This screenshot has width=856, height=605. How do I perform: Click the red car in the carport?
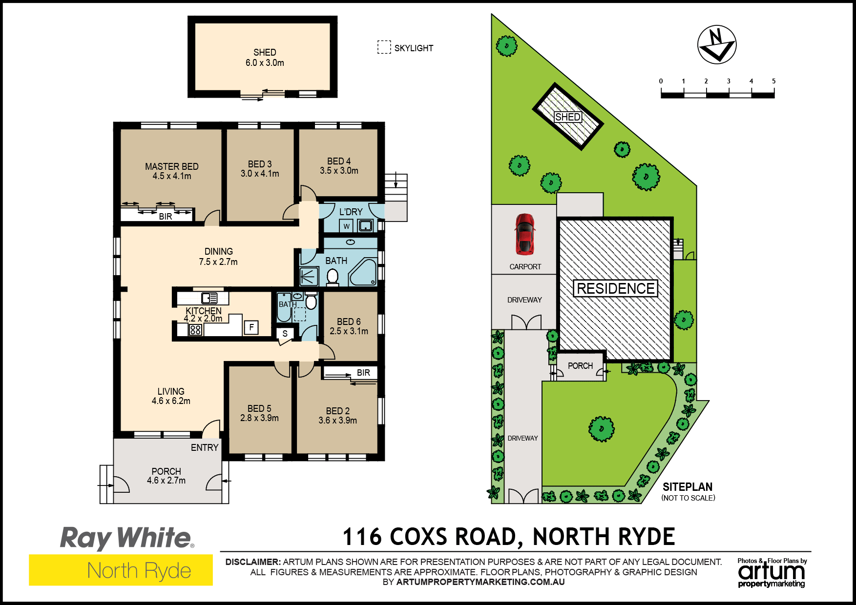pyautogui.click(x=524, y=234)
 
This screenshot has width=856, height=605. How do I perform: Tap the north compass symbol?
pyautogui.click(x=716, y=45)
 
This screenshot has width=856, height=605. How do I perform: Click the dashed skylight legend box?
pyautogui.click(x=384, y=47)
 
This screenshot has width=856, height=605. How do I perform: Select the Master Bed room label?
pyautogui.click(x=172, y=166)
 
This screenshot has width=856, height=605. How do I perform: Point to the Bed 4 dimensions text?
pyautogui.click(x=339, y=171)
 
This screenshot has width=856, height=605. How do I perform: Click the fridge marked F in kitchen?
pyautogui.click(x=251, y=327)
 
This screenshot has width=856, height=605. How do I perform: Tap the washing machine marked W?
pyautogui.click(x=346, y=226)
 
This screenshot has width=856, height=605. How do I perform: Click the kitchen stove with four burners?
pyautogui.click(x=195, y=329)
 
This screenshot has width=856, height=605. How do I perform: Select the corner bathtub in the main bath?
pyautogui.click(x=363, y=273)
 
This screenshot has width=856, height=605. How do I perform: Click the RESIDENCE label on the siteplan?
pyautogui.click(x=616, y=288)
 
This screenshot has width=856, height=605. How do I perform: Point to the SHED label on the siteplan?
pyautogui.click(x=568, y=117)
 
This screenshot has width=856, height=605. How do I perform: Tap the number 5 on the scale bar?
pyautogui.click(x=773, y=81)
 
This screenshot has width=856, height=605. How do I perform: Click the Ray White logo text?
pyautogui.click(x=126, y=538)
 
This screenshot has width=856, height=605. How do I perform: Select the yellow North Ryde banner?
pyautogui.click(x=121, y=570)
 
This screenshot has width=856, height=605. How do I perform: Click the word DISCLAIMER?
pyautogui.click(x=253, y=562)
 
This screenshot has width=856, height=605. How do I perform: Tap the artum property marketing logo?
pyautogui.click(x=772, y=573)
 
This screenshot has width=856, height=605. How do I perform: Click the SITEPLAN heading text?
pyautogui.click(x=688, y=486)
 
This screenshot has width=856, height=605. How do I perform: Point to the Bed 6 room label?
pyautogui.click(x=349, y=322)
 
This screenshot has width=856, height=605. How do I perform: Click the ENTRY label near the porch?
pyautogui.click(x=205, y=447)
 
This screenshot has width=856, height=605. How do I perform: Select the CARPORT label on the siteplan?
pyautogui.click(x=525, y=267)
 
